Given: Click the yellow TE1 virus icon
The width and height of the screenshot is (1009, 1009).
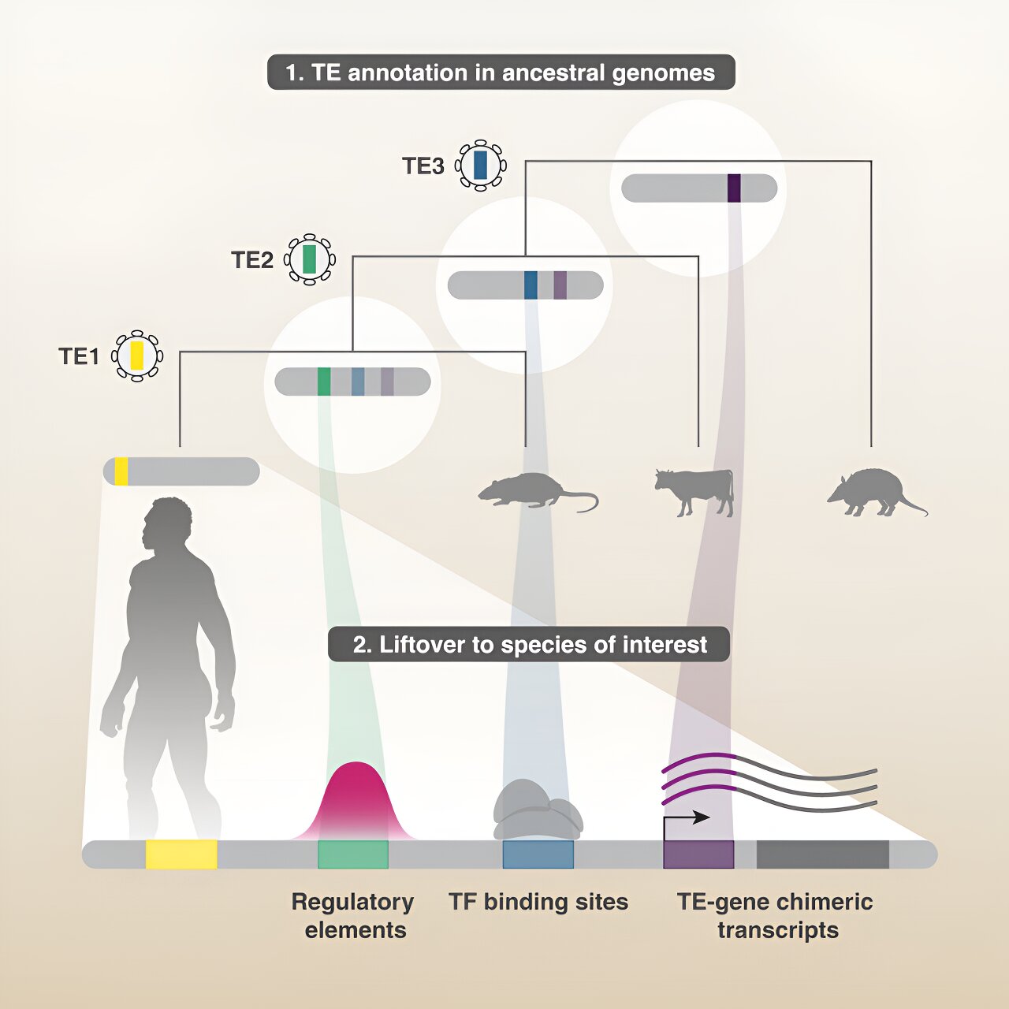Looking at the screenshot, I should [x=137, y=356].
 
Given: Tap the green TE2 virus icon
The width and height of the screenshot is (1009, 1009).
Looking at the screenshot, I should [x=309, y=259].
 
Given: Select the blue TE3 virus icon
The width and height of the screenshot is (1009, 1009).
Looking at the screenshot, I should [x=480, y=166].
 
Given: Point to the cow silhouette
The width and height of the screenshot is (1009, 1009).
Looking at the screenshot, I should [x=695, y=490].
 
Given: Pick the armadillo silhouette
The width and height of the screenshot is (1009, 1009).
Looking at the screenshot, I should [x=873, y=493].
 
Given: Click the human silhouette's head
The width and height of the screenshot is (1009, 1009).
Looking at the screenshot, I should [x=167, y=523].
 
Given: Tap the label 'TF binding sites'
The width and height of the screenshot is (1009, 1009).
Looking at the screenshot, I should [x=538, y=902].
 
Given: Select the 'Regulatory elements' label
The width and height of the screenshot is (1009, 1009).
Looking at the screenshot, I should [x=353, y=915].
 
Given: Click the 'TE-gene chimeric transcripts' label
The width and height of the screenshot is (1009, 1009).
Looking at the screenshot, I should [x=776, y=915].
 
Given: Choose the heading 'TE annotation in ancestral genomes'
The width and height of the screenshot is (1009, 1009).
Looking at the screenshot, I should [x=501, y=73].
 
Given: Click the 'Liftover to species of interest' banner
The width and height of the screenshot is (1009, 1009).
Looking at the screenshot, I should [x=529, y=645].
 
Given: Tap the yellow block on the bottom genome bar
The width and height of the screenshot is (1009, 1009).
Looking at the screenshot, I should [x=181, y=854].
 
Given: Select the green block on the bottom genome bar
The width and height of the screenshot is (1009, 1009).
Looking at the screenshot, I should [x=353, y=854].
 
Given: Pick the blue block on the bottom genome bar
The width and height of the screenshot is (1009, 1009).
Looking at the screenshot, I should [x=538, y=854].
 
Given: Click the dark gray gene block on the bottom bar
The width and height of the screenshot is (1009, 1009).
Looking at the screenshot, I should [x=822, y=854].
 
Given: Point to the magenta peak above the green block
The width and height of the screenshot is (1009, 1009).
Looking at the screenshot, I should [x=356, y=800].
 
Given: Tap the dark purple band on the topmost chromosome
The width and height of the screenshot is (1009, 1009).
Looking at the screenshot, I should [x=734, y=188].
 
